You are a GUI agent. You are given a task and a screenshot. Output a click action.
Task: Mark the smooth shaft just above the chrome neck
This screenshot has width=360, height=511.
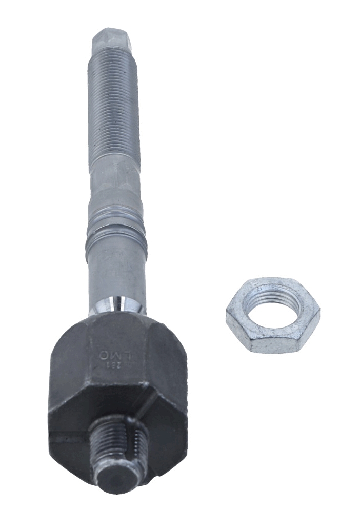pos(117,274)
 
